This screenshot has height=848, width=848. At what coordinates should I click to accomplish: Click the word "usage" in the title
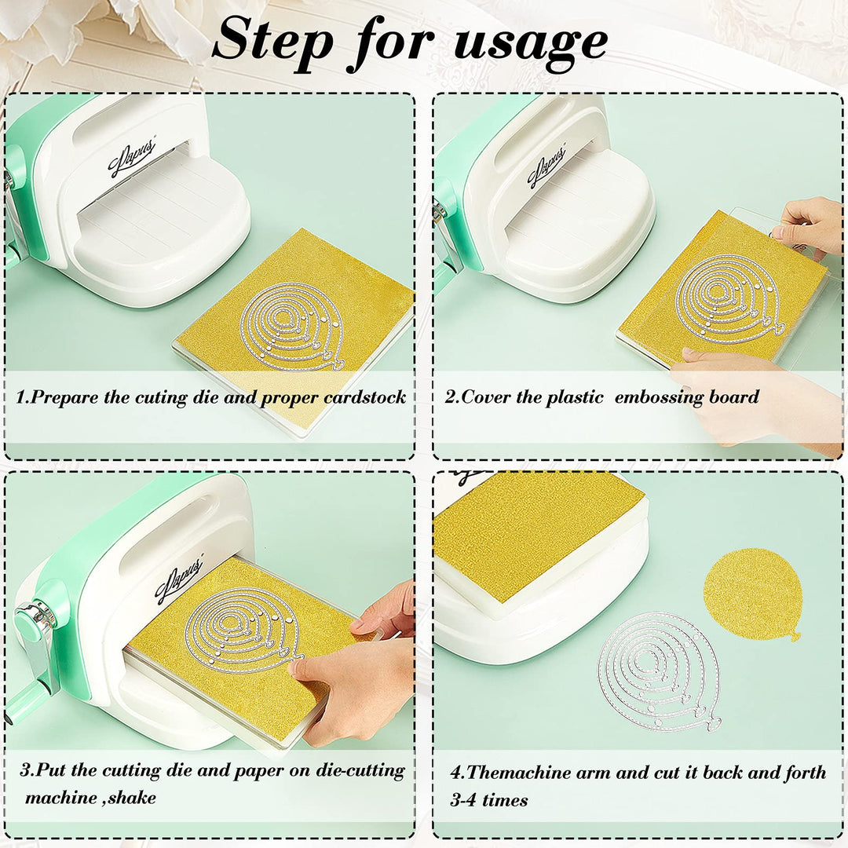pos(531,43)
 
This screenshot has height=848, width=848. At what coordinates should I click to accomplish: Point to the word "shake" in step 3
pos(131,797)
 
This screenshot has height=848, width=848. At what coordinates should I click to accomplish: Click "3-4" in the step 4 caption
pos(463,800)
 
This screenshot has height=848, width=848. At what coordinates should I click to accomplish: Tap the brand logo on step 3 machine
pos(179,578)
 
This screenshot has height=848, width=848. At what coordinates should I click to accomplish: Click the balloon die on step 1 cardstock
pos(292,327)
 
